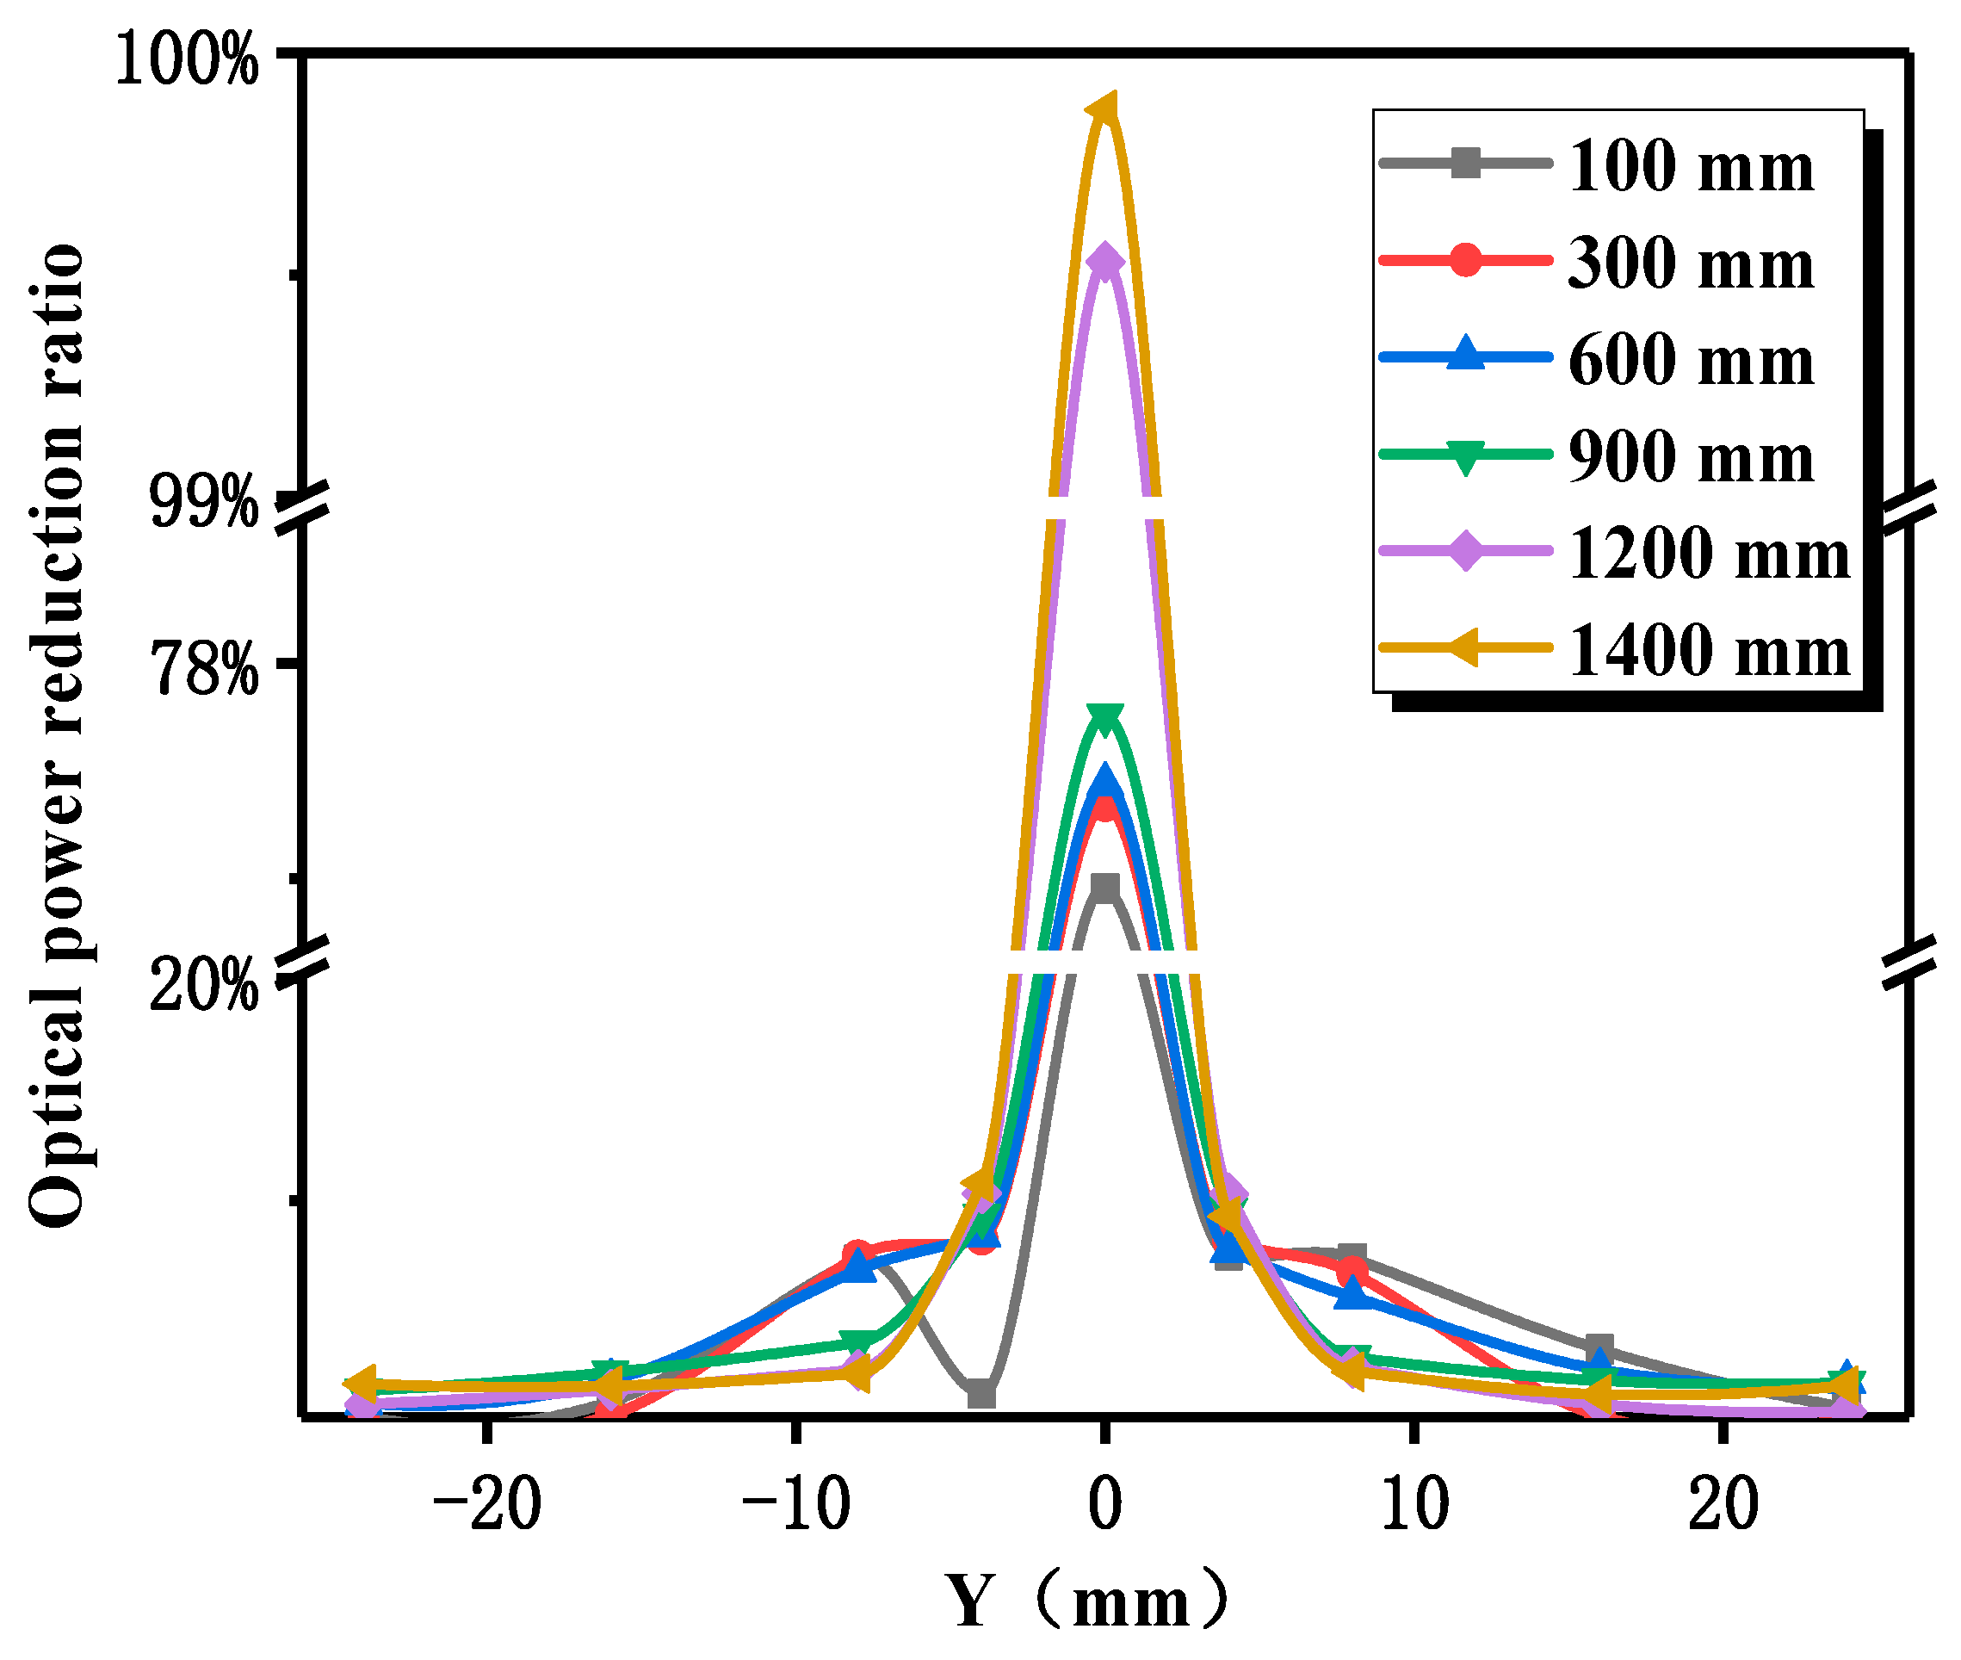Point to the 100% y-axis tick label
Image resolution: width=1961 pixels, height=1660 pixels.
[186, 61]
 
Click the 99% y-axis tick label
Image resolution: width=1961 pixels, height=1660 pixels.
[203, 503]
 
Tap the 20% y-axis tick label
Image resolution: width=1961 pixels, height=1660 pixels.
[203, 984]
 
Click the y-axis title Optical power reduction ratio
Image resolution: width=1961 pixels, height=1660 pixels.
[57, 734]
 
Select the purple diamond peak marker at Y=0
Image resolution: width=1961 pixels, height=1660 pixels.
[1104, 262]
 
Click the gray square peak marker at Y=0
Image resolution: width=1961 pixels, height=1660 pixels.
[1104, 888]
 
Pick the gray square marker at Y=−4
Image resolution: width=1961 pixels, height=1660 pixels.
[981, 1394]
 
